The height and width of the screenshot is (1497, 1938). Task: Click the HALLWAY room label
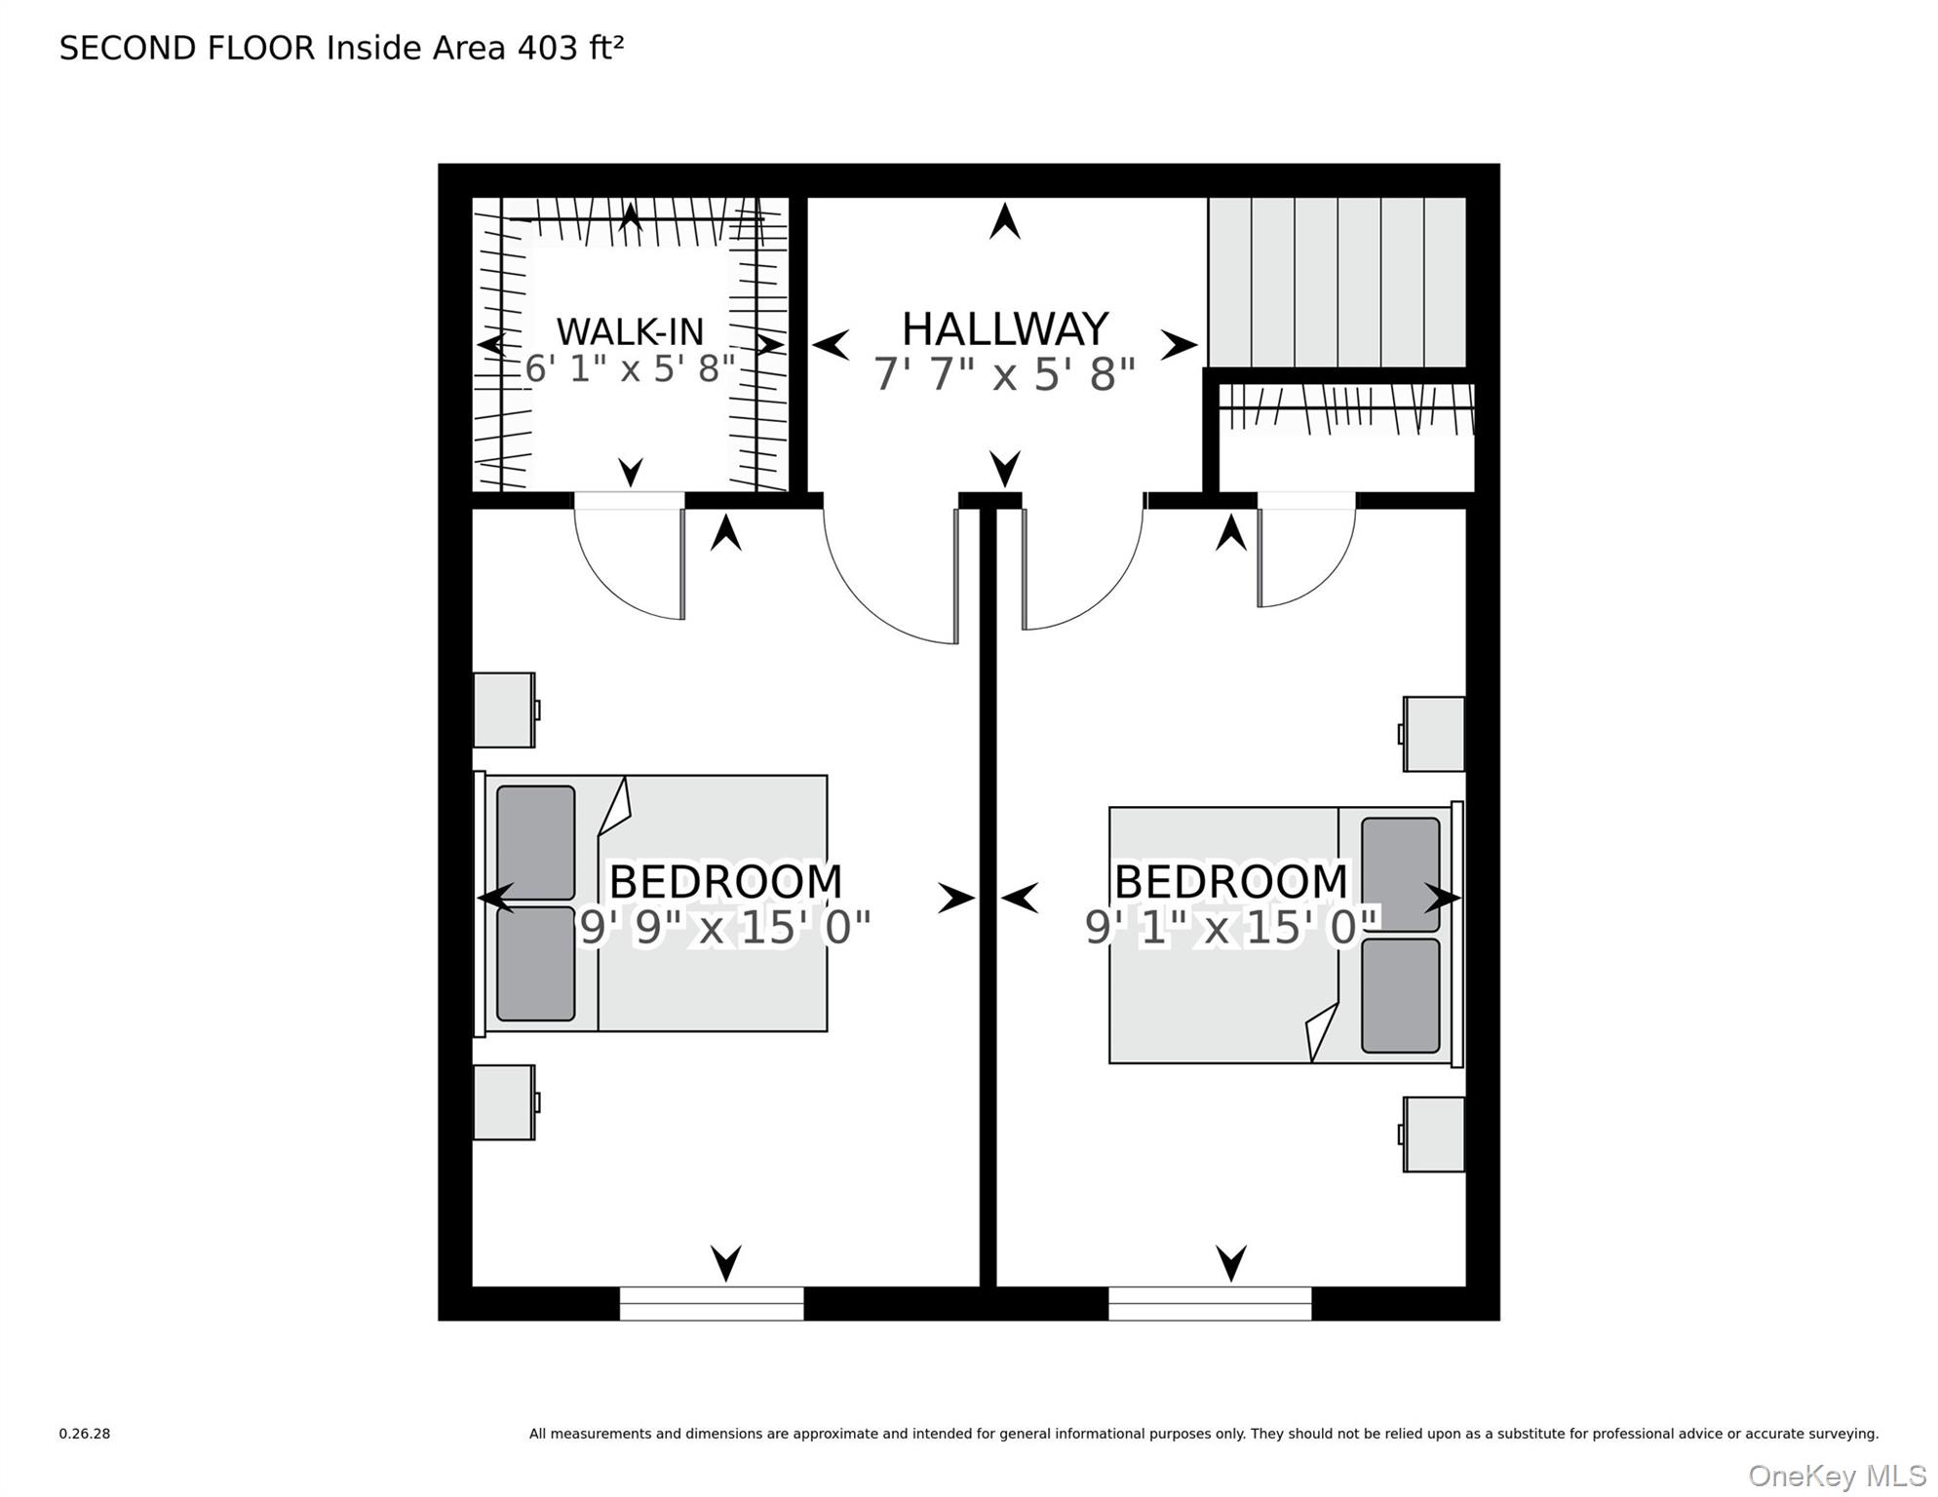coord(1004,329)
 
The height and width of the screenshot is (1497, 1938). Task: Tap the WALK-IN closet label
coord(630,332)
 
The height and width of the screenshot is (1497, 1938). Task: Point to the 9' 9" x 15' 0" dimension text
coord(724,927)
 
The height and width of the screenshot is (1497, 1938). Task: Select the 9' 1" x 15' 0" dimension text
coord(1230,927)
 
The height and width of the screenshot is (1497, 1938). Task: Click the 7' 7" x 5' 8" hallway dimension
coord(1004,374)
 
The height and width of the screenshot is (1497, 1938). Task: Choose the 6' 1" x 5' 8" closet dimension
coord(630,369)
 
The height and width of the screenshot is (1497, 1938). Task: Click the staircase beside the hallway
coord(1337,282)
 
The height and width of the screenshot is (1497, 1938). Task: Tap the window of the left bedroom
coord(712,1303)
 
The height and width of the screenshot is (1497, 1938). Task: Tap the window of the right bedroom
coord(1210,1303)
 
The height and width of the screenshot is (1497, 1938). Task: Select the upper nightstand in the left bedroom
coord(504,710)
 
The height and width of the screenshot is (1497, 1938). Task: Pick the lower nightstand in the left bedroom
coord(504,1102)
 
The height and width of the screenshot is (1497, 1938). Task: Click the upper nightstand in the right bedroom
coord(1434,734)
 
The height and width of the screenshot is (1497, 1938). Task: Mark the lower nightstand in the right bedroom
coord(1434,1134)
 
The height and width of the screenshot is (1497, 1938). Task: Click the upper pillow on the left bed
coord(535,842)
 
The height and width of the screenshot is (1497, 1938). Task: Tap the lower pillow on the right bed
coord(1401,996)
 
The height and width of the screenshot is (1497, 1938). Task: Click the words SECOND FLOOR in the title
coord(187,48)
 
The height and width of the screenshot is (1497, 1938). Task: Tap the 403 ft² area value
coord(570,48)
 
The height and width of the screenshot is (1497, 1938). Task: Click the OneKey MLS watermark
coord(1837,1477)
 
